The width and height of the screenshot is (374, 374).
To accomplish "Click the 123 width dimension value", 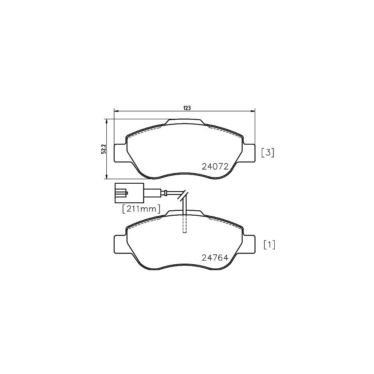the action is coord(187,108).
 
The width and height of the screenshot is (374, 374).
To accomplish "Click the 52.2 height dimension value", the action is coord(103,149).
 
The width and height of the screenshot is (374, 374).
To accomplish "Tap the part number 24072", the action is coord(215,167).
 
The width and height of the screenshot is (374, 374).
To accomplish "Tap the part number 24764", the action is coord(215,258).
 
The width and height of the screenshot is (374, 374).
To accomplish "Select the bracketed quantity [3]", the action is coord(268,153).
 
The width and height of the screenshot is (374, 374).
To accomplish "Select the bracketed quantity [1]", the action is coord(269,245).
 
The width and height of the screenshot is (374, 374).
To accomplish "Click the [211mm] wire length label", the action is coord(141,209).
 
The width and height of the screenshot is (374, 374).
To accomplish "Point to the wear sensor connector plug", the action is coord(129,193).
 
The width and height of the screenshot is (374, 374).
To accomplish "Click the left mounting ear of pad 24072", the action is coord(120,153).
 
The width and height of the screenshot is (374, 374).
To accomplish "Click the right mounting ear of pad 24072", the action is coord(249,153).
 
